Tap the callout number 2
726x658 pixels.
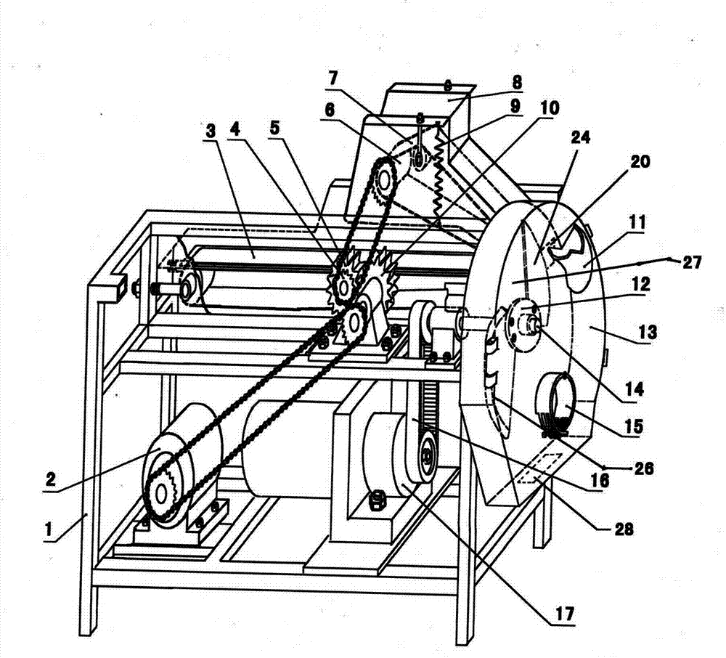[51, 478]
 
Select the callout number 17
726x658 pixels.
[564, 613]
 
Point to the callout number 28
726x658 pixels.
[624, 528]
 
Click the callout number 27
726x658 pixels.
[692, 263]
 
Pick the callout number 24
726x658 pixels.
[580, 137]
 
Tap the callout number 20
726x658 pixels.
[640, 162]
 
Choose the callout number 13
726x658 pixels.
[648, 332]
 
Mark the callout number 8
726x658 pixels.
[517, 82]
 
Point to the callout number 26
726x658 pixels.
[644, 468]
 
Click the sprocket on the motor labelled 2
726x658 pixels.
[160, 495]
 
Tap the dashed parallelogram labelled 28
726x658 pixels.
[540, 468]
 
